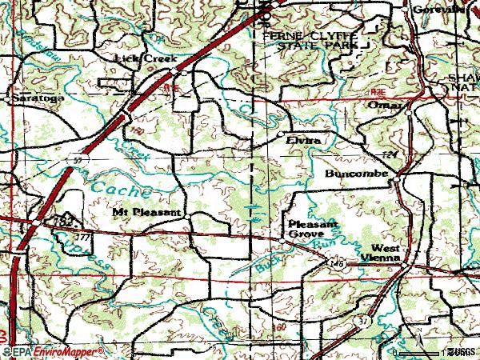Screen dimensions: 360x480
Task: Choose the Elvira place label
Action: [304, 140]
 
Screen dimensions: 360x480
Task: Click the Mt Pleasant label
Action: [146, 213]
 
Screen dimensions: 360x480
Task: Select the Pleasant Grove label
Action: [308, 230]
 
